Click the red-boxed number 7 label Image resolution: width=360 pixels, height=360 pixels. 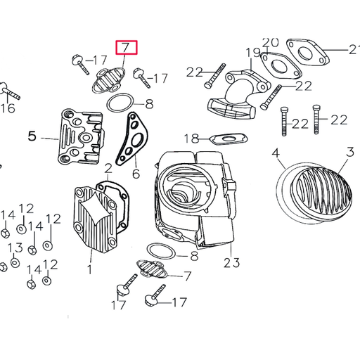[127, 48]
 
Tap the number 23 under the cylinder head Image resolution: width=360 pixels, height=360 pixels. [232, 263]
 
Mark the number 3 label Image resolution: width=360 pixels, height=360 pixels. [349, 153]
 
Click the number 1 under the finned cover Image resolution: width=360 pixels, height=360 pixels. [90, 269]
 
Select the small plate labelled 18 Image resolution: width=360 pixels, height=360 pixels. [228, 137]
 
